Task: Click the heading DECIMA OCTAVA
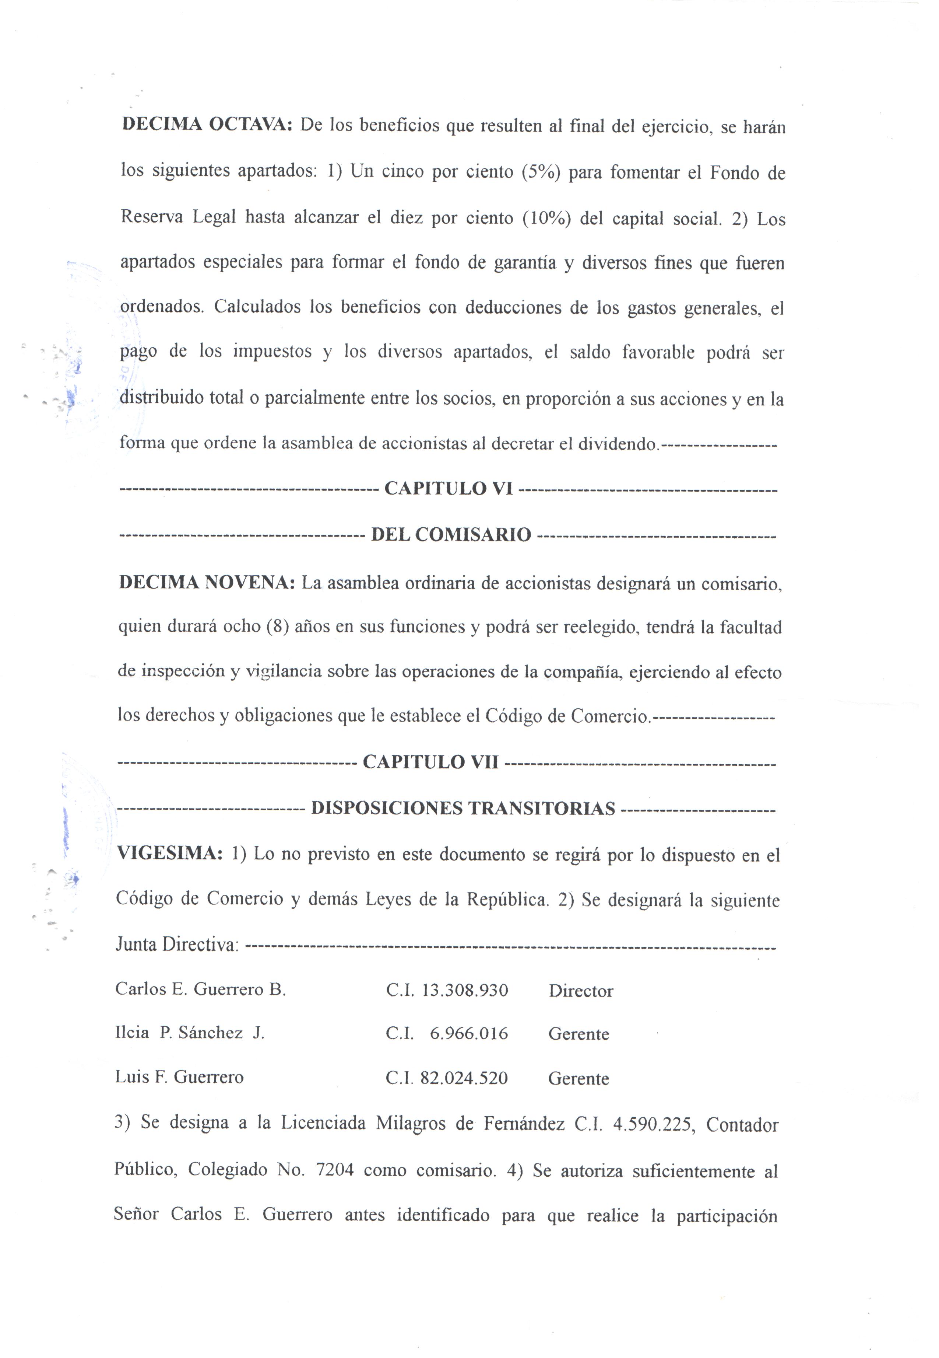pyautogui.click(x=207, y=125)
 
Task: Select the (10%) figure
pyautogui.click(x=546, y=219)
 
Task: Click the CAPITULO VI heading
pyautogui.click(x=448, y=489)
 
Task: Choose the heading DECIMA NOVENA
pyautogui.click(x=207, y=582)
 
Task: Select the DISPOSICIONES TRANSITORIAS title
pyautogui.click(x=463, y=808)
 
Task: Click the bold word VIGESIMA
pyautogui.click(x=169, y=853)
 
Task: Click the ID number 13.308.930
pyautogui.click(x=465, y=990)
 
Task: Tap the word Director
pyautogui.click(x=581, y=991)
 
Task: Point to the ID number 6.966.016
pyautogui.click(x=468, y=1034)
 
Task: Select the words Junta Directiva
pyautogui.click(x=176, y=945)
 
